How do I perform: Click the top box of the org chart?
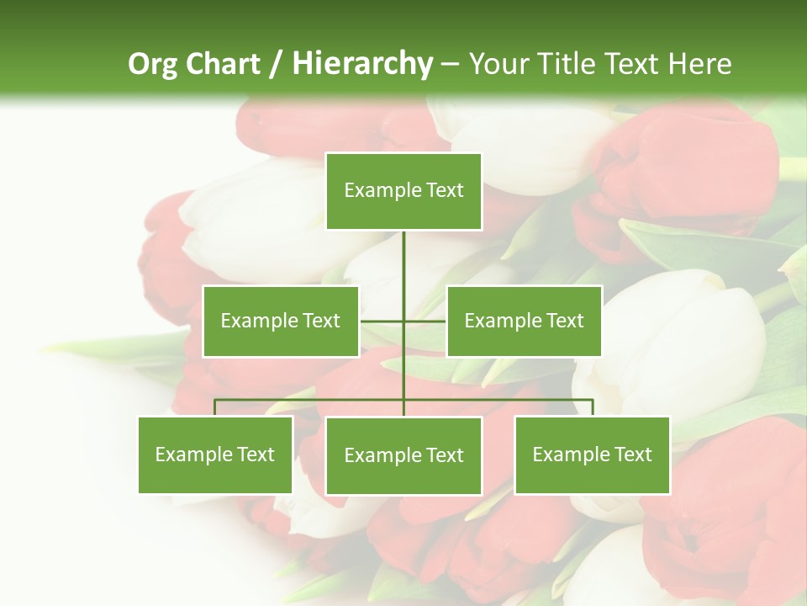pyautogui.click(x=403, y=191)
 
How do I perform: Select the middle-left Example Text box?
pyautogui.click(x=281, y=321)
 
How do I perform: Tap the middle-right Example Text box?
pyautogui.click(x=524, y=321)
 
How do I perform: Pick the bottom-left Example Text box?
pyautogui.click(x=215, y=454)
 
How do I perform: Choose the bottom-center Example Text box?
pyautogui.click(x=403, y=455)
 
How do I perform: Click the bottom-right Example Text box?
pyautogui.click(x=592, y=454)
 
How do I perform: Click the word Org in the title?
pyautogui.click(x=153, y=64)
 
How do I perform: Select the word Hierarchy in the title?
pyautogui.click(x=361, y=64)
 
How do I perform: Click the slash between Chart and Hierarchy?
pyautogui.click(x=277, y=64)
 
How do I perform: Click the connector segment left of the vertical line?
pyautogui.click(x=382, y=321)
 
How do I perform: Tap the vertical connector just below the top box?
pyautogui.click(x=403, y=252)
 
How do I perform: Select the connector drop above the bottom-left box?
pyautogui.click(x=215, y=407)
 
